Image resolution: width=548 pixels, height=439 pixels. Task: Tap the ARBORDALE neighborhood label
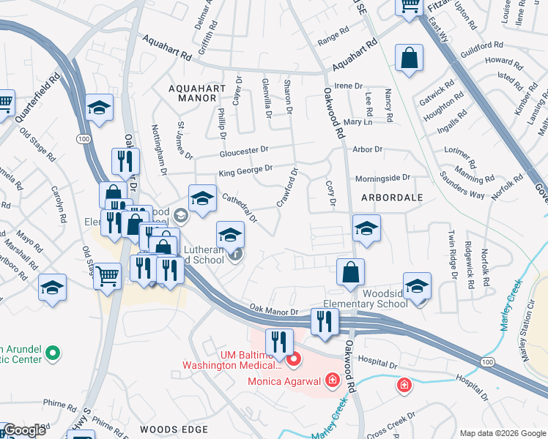[x=390, y=198]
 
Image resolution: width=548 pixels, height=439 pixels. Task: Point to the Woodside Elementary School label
[x=366, y=299]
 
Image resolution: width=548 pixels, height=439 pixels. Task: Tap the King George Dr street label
[x=245, y=171]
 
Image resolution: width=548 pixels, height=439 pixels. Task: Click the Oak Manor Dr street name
[x=273, y=311]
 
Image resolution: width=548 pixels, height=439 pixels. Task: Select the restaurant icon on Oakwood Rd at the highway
[x=323, y=320]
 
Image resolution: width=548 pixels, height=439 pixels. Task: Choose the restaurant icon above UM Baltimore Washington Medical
[x=279, y=341]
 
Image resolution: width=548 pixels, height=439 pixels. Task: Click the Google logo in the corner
[x=24, y=431]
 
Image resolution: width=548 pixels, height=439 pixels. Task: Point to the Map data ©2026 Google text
[x=503, y=433]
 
